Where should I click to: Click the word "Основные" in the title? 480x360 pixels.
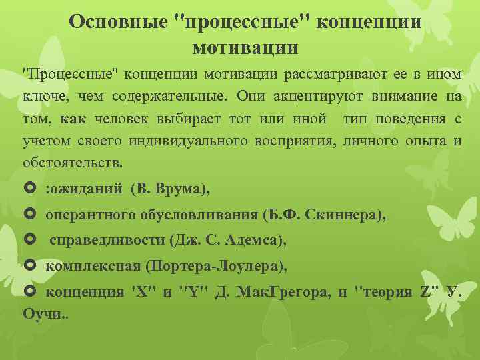117,21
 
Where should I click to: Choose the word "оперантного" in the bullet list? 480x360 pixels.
91,215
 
